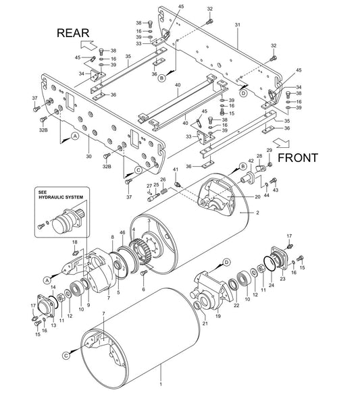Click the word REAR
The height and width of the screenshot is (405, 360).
(73, 33)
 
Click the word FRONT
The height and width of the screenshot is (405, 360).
(298, 158)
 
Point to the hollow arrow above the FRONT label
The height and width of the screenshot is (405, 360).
(281, 142)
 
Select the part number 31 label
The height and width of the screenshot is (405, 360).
(238, 25)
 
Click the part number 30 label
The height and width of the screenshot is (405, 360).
(88, 157)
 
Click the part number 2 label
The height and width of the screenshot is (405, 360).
(257, 213)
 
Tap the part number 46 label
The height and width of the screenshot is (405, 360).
(122, 232)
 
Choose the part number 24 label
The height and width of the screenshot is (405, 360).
(272, 285)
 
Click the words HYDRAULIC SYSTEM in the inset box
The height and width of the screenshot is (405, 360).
(61, 197)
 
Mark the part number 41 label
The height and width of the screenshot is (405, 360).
(176, 169)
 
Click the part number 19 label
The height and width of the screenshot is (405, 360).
(218, 316)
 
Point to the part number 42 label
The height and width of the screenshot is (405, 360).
(251, 161)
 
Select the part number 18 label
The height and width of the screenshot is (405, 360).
(75, 242)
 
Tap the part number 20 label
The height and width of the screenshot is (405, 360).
(257, 197)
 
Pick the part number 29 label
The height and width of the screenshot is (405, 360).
(269, 151)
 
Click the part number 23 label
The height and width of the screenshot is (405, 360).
(283, 279)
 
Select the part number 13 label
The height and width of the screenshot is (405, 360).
(53, 325)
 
